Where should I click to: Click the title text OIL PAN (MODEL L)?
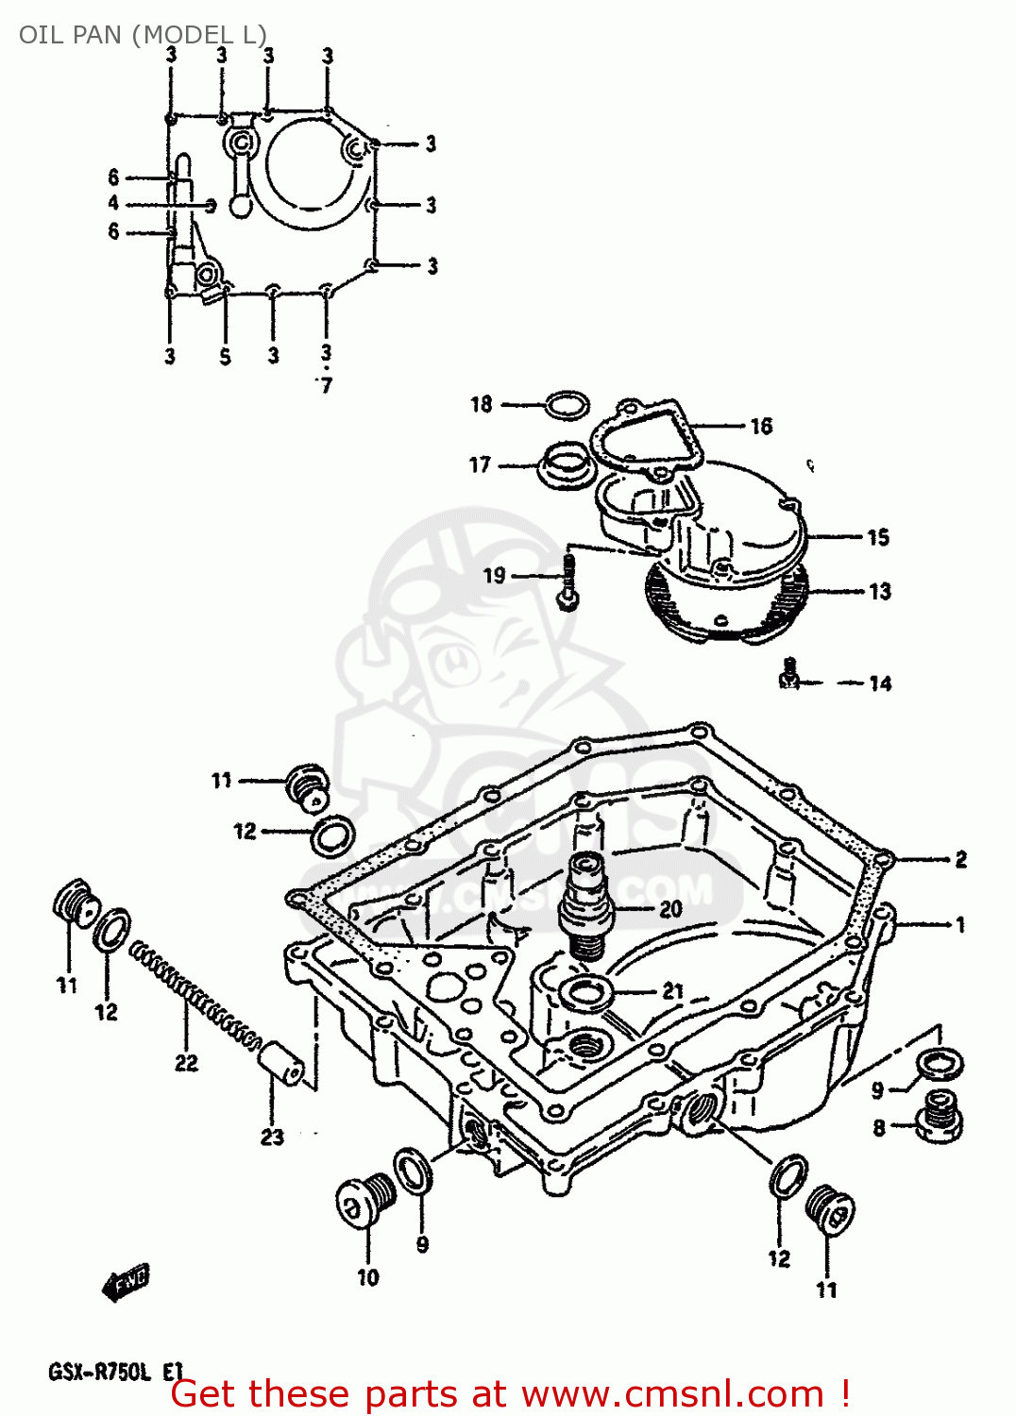[143, 35]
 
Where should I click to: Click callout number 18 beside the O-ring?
[482, 404]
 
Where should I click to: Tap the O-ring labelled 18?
[567, 406]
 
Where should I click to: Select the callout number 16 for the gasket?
[761, 427]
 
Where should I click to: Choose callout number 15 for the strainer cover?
[878, 537]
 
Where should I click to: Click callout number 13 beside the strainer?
[879, 592]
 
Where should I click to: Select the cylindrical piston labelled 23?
[281, 1064]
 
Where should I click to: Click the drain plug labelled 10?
[364, 1203]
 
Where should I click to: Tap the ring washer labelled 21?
[585, 992]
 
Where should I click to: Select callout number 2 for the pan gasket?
[960, 859]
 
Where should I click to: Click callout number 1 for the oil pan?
[960, 924]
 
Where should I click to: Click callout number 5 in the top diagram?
[225, 357]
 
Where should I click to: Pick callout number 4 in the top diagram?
[114, 203]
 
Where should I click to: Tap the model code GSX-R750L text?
[99, 1372]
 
